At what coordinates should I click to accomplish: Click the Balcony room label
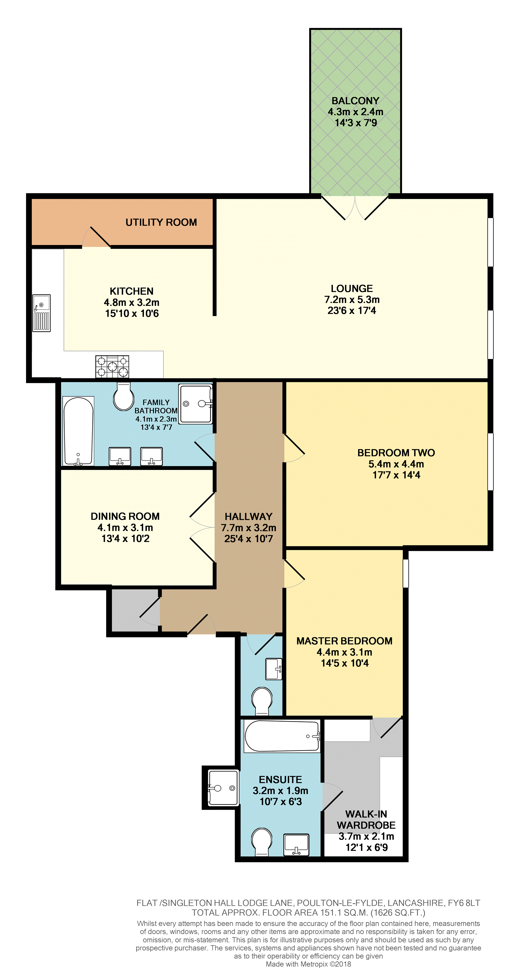(x=355, y=101)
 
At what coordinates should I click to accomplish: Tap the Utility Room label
(x=161, y=222)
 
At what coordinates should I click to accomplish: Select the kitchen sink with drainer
(x=41, y=313)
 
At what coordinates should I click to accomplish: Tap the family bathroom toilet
(x=124, y=397)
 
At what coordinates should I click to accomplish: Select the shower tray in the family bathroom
(x=196, y=404)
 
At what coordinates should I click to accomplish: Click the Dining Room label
(x=125, y=516)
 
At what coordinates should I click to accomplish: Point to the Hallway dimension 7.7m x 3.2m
(x=249, y=528)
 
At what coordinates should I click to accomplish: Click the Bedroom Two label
(x=396, y=453)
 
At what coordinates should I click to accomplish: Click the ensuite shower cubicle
(x=223, y=788)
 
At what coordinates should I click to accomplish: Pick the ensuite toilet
(x=262, y=842)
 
